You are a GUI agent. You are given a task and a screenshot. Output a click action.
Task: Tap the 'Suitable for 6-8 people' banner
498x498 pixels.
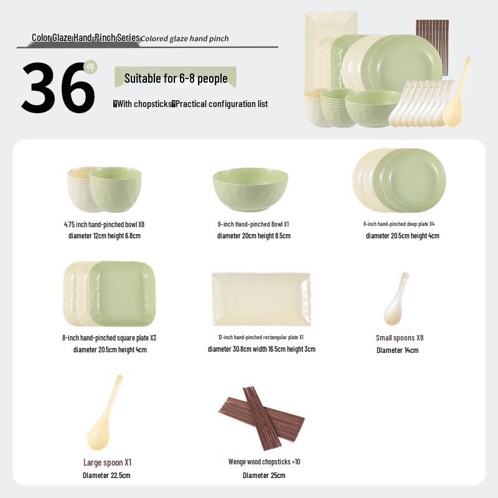(x=176, y=78)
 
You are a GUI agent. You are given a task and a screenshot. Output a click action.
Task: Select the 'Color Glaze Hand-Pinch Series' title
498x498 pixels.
(x=86, y=38)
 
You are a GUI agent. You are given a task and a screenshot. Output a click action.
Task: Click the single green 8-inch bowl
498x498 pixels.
(x=250, y=189)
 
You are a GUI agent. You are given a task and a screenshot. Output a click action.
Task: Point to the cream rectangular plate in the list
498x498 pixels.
(x=261, y=299)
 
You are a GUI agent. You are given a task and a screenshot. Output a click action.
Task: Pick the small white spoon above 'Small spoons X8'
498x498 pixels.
(x=396, y=299)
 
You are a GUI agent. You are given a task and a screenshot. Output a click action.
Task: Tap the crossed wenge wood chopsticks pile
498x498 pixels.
(x=261, y=413)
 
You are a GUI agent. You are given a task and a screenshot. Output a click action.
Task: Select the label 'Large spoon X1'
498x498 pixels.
(x=107, y=463)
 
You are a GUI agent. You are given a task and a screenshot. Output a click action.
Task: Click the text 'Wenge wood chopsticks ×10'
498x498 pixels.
(x=264, y=462)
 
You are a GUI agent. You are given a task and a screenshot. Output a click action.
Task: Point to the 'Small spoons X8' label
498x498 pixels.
(x=399, y=338)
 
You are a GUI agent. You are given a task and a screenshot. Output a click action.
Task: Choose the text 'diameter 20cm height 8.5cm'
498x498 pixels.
(x=253, y=236)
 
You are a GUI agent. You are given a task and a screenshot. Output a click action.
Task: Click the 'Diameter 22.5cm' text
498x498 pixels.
(x=106, y=476)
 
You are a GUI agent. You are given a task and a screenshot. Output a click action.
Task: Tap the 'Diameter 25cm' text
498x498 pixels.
(x=264, y=476)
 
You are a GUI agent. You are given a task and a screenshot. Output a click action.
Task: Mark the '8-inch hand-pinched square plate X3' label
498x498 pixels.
(x=109, y=337)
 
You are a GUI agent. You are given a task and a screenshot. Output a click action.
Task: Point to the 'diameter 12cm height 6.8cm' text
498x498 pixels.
(x=105, y=236)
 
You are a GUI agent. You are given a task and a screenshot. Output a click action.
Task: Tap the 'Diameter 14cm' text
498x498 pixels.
(x=397, y=350)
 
